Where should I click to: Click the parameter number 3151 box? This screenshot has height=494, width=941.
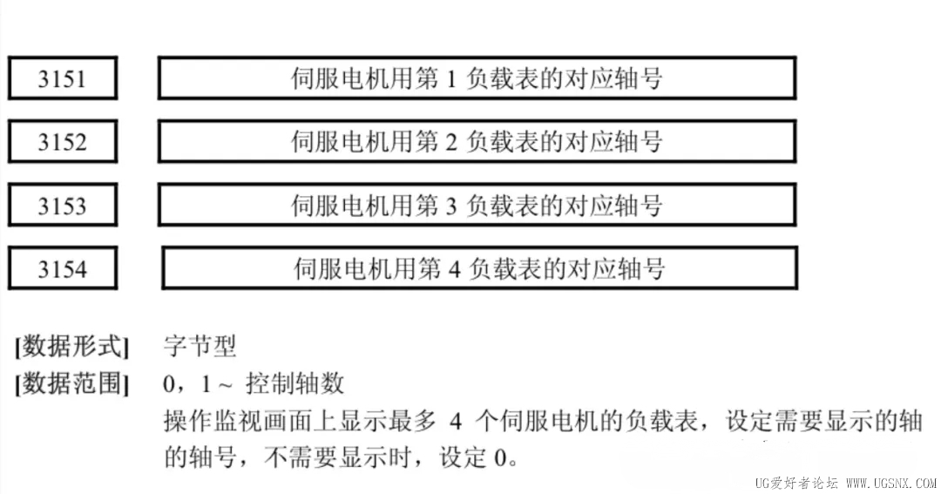(x=63, y=78)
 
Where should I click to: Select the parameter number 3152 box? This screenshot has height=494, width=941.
(x=63, y=142)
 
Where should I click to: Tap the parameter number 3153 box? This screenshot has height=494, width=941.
(x=63, y=206)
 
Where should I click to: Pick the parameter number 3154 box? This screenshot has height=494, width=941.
(x=63, y=268)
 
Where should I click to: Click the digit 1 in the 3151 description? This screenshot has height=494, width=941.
(x=451, y=79)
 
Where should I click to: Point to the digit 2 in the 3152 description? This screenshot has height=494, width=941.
(x=451, y=143)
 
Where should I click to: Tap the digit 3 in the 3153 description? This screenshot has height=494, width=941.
(x=451, y=206)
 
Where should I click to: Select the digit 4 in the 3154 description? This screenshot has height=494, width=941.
(x=454, y=269)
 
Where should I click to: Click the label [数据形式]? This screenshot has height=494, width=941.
(x=72, y=347)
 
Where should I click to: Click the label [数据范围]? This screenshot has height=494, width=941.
(x=72, y=383)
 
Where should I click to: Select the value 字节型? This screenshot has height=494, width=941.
(x=200, y=346)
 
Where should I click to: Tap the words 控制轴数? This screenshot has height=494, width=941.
(x=294, y=383)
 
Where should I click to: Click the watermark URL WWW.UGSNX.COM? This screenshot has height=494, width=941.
(x=890, y=484)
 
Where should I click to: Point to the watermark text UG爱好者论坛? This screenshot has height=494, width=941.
(x=796, y=484)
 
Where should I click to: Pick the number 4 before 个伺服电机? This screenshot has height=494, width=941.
(x=456, y=422)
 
